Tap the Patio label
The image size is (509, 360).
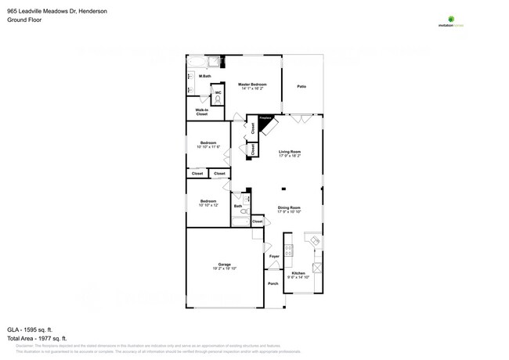coord(301,86)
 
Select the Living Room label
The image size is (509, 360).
coord(290,153)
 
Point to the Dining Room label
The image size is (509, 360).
coord(289,210)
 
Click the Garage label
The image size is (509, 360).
coord(224,266)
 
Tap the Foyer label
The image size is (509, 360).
coord(274,256)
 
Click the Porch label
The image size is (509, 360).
coord(273,283)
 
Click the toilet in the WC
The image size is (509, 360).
coord(217,99)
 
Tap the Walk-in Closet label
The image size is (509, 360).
coord(201,112)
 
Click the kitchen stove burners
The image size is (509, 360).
coord(289,250)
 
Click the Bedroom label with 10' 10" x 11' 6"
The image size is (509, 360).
coord(208,145)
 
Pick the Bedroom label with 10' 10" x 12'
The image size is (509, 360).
coord(208,203)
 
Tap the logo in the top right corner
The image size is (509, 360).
coord(450,21)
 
